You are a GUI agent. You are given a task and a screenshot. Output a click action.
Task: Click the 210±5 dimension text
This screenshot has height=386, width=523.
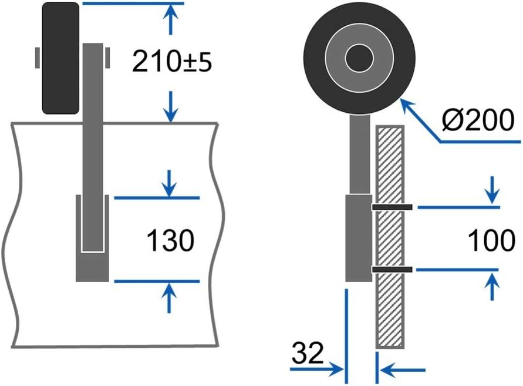click(x=171, y=62)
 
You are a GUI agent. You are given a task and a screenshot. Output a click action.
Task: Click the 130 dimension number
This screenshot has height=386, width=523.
click(x=170, y=241)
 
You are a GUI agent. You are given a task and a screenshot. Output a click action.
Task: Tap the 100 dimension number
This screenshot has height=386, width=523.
click(x=492, y=240)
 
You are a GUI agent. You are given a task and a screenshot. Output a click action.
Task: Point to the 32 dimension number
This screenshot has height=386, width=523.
click(x=308, y=353)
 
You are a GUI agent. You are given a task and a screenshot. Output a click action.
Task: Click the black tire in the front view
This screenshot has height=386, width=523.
click(x=60, y=58)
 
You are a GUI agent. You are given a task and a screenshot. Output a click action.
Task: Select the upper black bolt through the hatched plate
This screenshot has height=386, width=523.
click(x=392, y=207)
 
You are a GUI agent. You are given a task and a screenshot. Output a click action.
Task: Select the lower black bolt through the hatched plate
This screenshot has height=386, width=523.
click(x=392, y=270)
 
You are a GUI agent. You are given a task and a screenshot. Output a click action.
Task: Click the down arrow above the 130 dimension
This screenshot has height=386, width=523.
click(x=170, y=183)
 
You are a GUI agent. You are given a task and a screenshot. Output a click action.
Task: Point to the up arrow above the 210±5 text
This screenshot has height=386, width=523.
click(x=171, y=18)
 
